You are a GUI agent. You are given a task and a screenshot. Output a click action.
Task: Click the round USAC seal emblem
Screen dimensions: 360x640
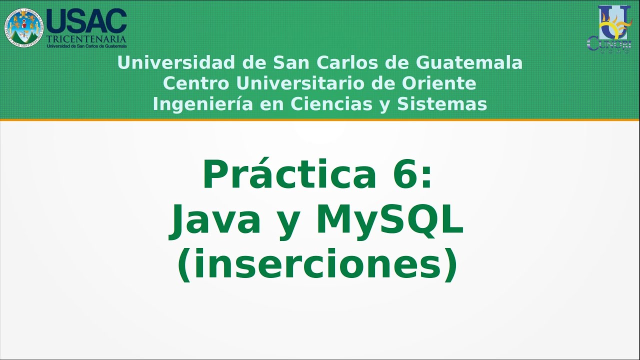[24, 28]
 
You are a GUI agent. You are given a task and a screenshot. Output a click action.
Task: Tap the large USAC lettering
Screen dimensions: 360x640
[86, 21]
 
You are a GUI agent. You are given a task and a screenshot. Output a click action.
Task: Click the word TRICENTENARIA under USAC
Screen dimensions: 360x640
[86, 38]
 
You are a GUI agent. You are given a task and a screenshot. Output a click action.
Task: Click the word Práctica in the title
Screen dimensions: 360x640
[289, 175]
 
